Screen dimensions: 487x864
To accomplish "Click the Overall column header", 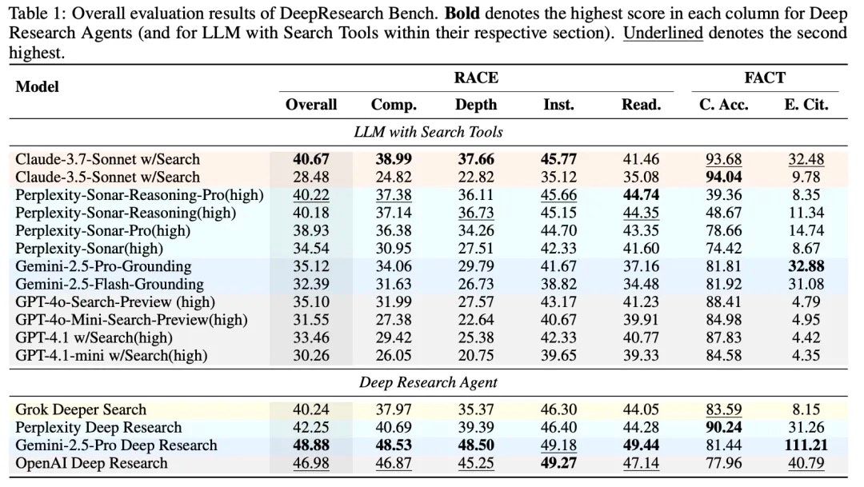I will click(x=311, y=105).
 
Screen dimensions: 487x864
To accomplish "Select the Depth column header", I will click(x=476, y=105).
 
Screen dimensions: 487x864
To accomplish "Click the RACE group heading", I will click(x=476, y=78).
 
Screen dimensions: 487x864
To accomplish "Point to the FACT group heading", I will click(x=765, y=78).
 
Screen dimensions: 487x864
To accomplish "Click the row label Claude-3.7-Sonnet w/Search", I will click(x=107, y=159).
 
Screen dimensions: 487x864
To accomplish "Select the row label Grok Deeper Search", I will click(x=81, y=409).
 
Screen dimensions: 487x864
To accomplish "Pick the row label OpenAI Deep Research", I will click(x=91, y=463).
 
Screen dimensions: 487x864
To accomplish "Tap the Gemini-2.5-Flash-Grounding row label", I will click(x=110, y=284).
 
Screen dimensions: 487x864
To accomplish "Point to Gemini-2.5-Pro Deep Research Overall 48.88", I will click(x=311, y=445).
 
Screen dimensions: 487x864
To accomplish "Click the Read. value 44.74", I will click(x=642, y=194).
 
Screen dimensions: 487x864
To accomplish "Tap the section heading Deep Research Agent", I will click(x=428, y=382).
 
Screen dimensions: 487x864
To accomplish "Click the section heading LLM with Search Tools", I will click(x=428, y=132).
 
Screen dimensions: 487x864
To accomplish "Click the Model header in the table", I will click(x=38, y=86).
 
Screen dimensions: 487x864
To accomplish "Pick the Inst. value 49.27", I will click(x=559, y=463).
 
